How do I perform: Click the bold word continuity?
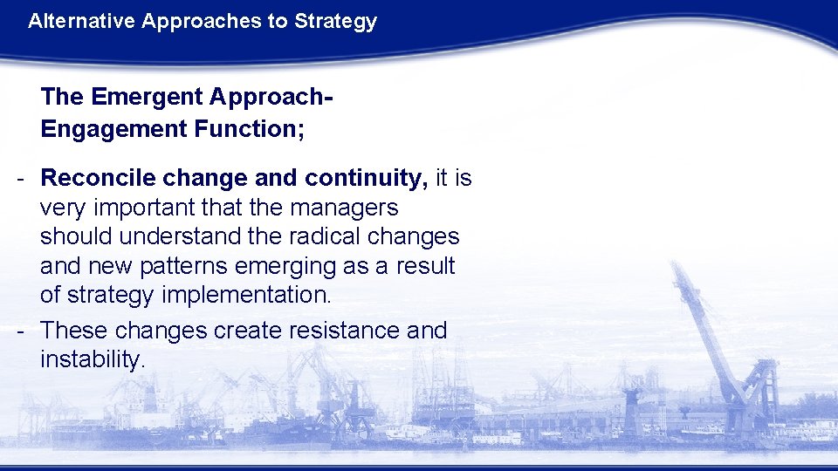[366, 179]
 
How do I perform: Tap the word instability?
[93, 359]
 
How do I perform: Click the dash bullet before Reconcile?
[19, 179]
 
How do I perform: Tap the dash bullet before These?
[19, 331]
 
